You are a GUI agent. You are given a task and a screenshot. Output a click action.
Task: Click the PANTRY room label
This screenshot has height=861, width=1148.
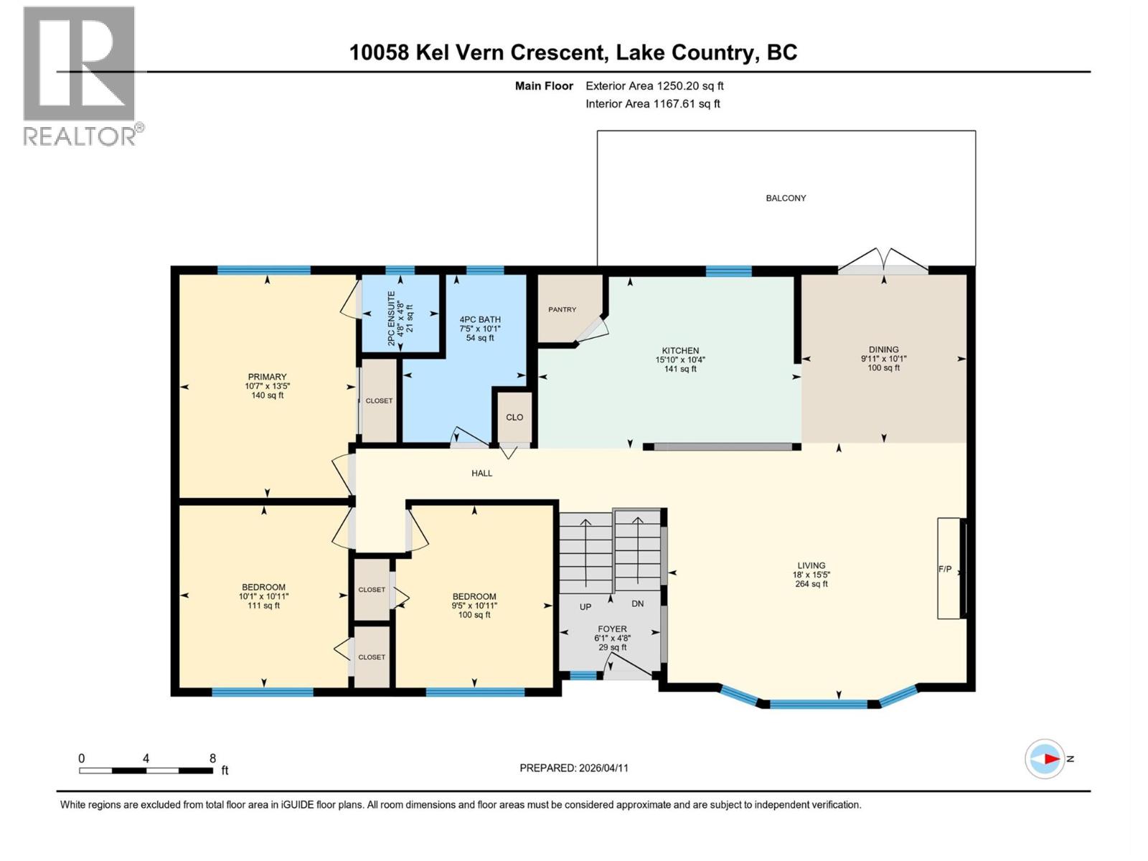(x=562, y=310)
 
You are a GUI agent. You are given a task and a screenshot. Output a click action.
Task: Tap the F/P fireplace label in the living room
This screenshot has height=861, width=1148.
(x=945, y=570)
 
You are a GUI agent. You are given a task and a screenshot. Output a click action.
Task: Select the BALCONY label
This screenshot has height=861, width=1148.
(x=786, y=198)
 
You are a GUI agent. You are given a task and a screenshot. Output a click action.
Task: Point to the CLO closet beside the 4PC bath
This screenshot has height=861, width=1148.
(x=514, y=418)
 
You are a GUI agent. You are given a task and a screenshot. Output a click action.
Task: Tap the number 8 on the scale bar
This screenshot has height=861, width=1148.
(x=212, y=758)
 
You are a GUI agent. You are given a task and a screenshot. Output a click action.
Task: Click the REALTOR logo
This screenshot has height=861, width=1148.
(x=80, y=75)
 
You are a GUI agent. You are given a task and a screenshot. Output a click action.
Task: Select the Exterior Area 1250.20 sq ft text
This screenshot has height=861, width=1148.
(x=654, y=86)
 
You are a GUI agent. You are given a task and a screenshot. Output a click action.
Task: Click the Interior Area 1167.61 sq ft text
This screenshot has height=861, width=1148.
(x=652, y=104)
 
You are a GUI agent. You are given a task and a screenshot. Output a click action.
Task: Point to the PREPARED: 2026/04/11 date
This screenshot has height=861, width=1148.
(x=574, y=768)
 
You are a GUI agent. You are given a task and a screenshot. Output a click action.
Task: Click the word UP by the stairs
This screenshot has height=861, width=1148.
(x=585, y=607)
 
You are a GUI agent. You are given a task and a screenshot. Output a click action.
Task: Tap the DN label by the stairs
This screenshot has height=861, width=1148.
(x=638, y=604)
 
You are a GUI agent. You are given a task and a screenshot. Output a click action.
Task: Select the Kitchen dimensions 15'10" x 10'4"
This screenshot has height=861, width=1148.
(x=680, y=360)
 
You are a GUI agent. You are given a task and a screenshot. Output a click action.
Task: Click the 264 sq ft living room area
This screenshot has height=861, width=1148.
(x=811, y=584)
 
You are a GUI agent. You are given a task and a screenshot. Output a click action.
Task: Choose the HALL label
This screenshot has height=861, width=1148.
(x=481, y=474)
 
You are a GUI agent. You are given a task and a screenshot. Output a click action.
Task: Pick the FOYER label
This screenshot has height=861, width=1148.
(x=612, y=629)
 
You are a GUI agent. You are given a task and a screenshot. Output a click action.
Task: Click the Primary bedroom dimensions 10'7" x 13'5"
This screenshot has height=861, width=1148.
(x=267, y=386)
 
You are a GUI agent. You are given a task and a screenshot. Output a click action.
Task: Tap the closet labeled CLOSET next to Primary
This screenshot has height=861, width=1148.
(x=379, y=401)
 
